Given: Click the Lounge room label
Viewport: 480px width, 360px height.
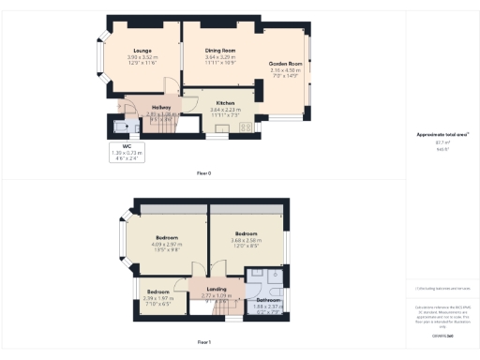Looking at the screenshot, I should click(x=142, y=48).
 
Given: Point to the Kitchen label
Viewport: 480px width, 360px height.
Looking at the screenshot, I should click(x=225, y=102).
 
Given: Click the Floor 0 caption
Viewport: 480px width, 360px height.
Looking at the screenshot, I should click(x=203, y=172).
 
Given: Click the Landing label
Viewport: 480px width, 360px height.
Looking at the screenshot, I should click(x=217, y=289).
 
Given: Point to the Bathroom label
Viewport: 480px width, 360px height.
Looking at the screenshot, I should click(x=267, y=300).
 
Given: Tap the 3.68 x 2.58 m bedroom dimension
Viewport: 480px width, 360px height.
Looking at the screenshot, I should click(x=247, y=239).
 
